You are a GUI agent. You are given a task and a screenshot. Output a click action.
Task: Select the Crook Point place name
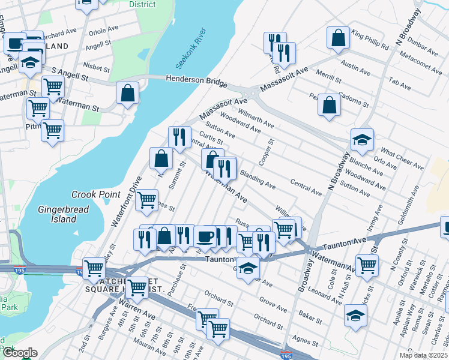[x=94, y=195]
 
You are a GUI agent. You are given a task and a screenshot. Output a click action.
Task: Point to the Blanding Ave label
[x=258, y=179]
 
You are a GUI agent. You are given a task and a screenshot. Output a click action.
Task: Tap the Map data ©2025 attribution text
[x=423, y=355]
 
